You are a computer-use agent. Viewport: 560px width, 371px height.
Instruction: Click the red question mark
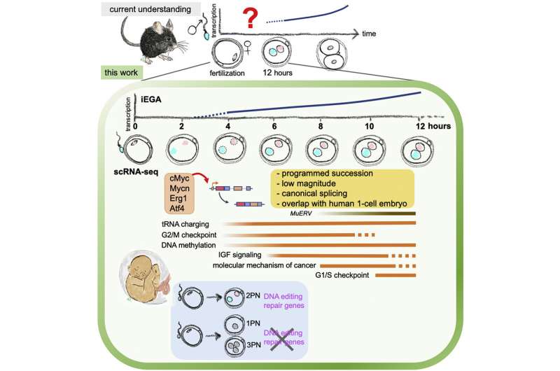coord(246,16)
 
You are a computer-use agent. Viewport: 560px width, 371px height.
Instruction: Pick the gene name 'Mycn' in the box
coord(180,190)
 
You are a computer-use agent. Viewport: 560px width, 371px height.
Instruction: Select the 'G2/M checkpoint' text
coord(183,235)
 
